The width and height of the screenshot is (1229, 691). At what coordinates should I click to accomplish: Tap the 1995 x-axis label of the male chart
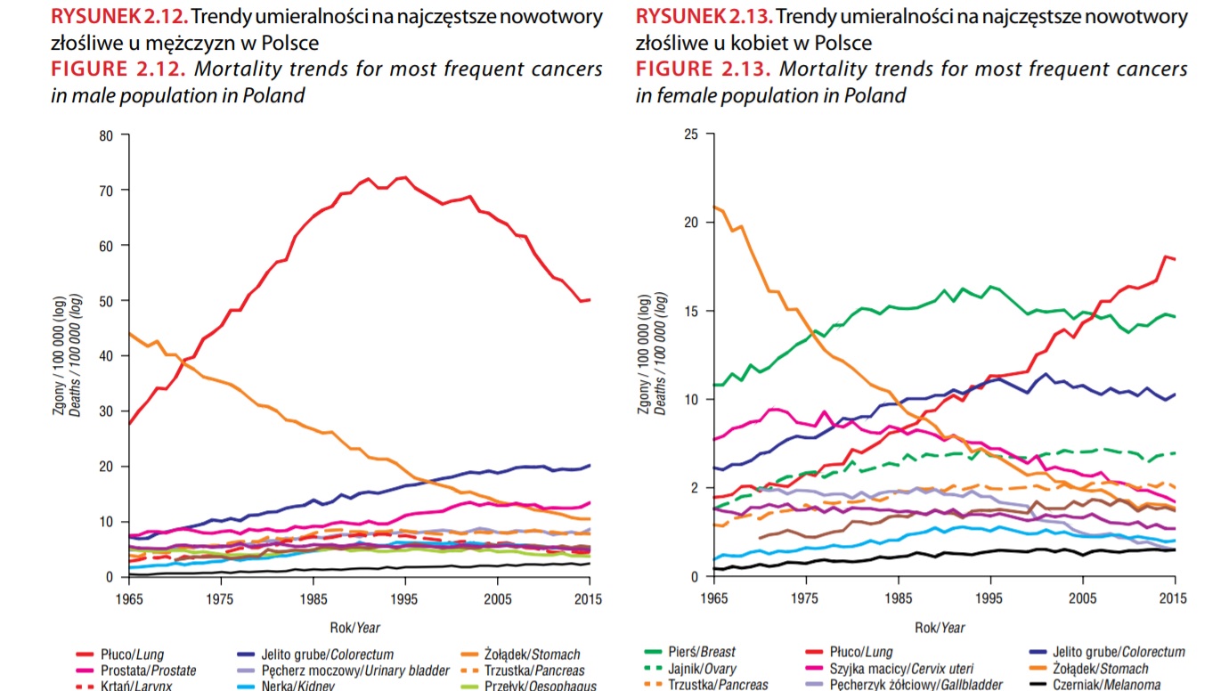coord(405,598)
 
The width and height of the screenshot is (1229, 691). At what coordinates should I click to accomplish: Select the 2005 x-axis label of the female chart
coord(1082,598)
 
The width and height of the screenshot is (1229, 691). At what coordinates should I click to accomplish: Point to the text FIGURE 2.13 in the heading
coord(703,69)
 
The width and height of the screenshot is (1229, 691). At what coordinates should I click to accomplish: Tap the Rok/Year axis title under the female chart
coord(940,628)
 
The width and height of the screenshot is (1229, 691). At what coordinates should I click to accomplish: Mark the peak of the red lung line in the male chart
coord(404,177)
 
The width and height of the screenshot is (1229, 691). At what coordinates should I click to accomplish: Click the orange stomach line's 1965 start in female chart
coord(714,207)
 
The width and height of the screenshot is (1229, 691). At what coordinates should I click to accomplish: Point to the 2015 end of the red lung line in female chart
coord(1175,259)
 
